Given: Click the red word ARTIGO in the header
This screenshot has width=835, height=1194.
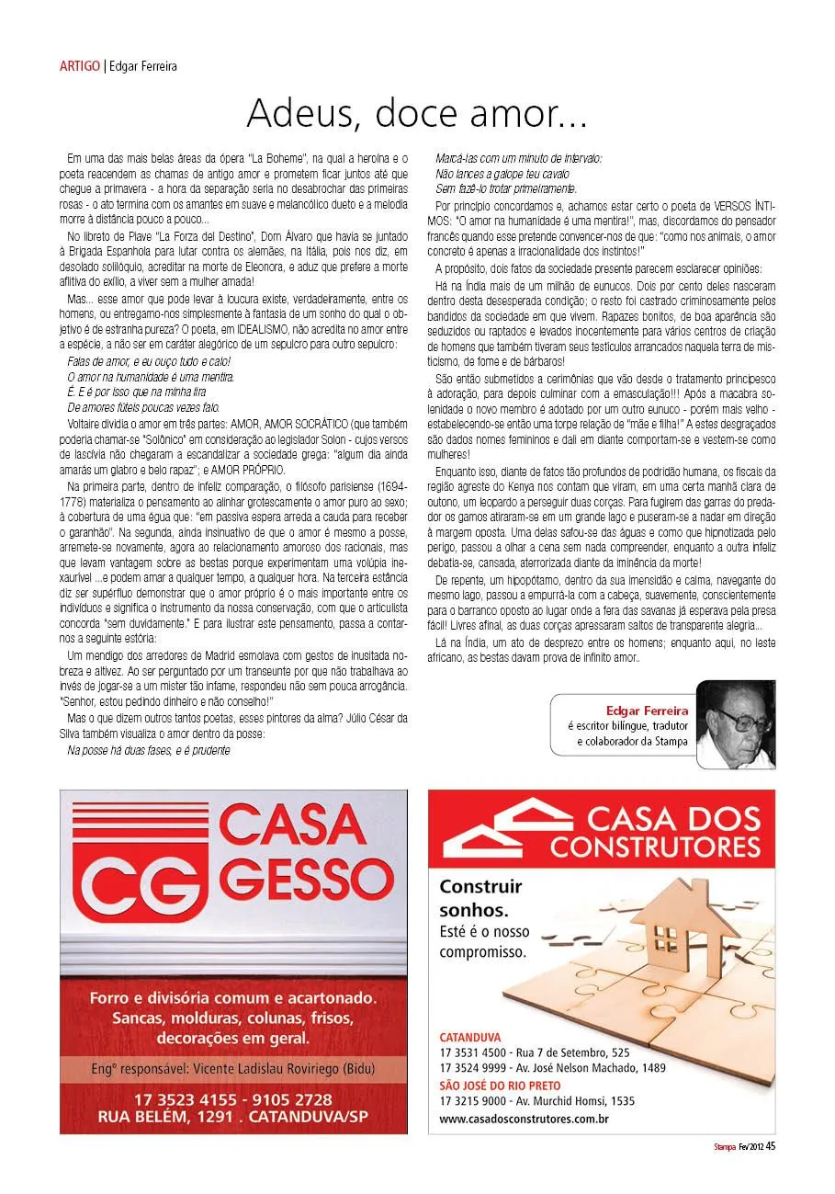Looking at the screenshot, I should (79, 66).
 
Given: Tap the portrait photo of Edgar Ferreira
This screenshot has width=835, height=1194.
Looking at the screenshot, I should (735, 724).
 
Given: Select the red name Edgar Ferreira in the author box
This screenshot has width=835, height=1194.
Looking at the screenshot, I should (647, 710).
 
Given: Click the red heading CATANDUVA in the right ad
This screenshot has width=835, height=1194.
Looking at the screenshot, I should (470, 1036).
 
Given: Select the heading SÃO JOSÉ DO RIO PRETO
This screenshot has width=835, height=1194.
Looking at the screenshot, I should (500, 1086).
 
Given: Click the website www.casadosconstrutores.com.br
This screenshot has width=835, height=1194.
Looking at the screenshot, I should (524, 1119).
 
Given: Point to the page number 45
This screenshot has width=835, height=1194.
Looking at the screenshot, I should (771, 1145).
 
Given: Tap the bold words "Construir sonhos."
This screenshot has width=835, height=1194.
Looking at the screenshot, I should (480, 898).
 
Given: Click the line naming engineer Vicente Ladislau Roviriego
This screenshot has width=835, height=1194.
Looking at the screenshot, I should (232, 1069).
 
